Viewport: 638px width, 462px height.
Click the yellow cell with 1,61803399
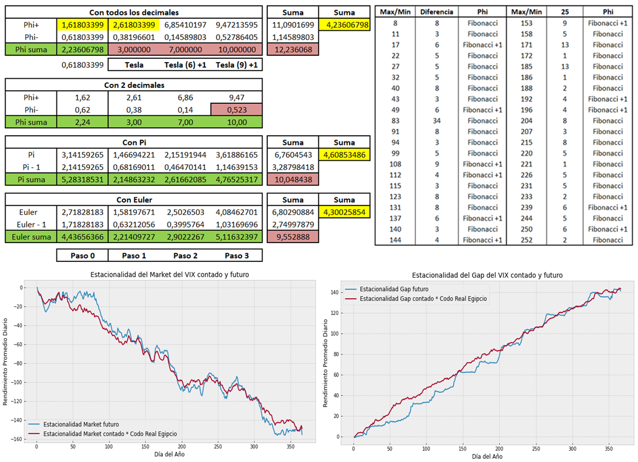pyautogui.click(x=82, y=25)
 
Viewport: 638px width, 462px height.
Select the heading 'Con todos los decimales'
pyautogui.click(x=134, y=12)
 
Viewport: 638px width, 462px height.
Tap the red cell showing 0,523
pyautogui.click(x=236, y=110)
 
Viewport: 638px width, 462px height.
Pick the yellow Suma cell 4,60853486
pyautogui.click(x=345, y=154)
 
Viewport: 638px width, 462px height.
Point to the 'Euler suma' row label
pyautogui.click(x=31, y=237)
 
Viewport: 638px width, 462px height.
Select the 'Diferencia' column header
pyautogui.click(x=436, y=12)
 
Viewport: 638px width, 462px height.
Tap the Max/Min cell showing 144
pyautogui.click(x=395, y=240)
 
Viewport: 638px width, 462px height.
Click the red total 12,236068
pyautogui.click(x=292, y=50)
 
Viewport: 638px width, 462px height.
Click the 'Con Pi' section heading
pyautogui.click(x=134, y=143)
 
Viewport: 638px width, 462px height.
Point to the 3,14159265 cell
pyautogui.click(x=82, y=154)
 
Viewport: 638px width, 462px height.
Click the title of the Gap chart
pyautogui.click(x=487, y=275)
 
